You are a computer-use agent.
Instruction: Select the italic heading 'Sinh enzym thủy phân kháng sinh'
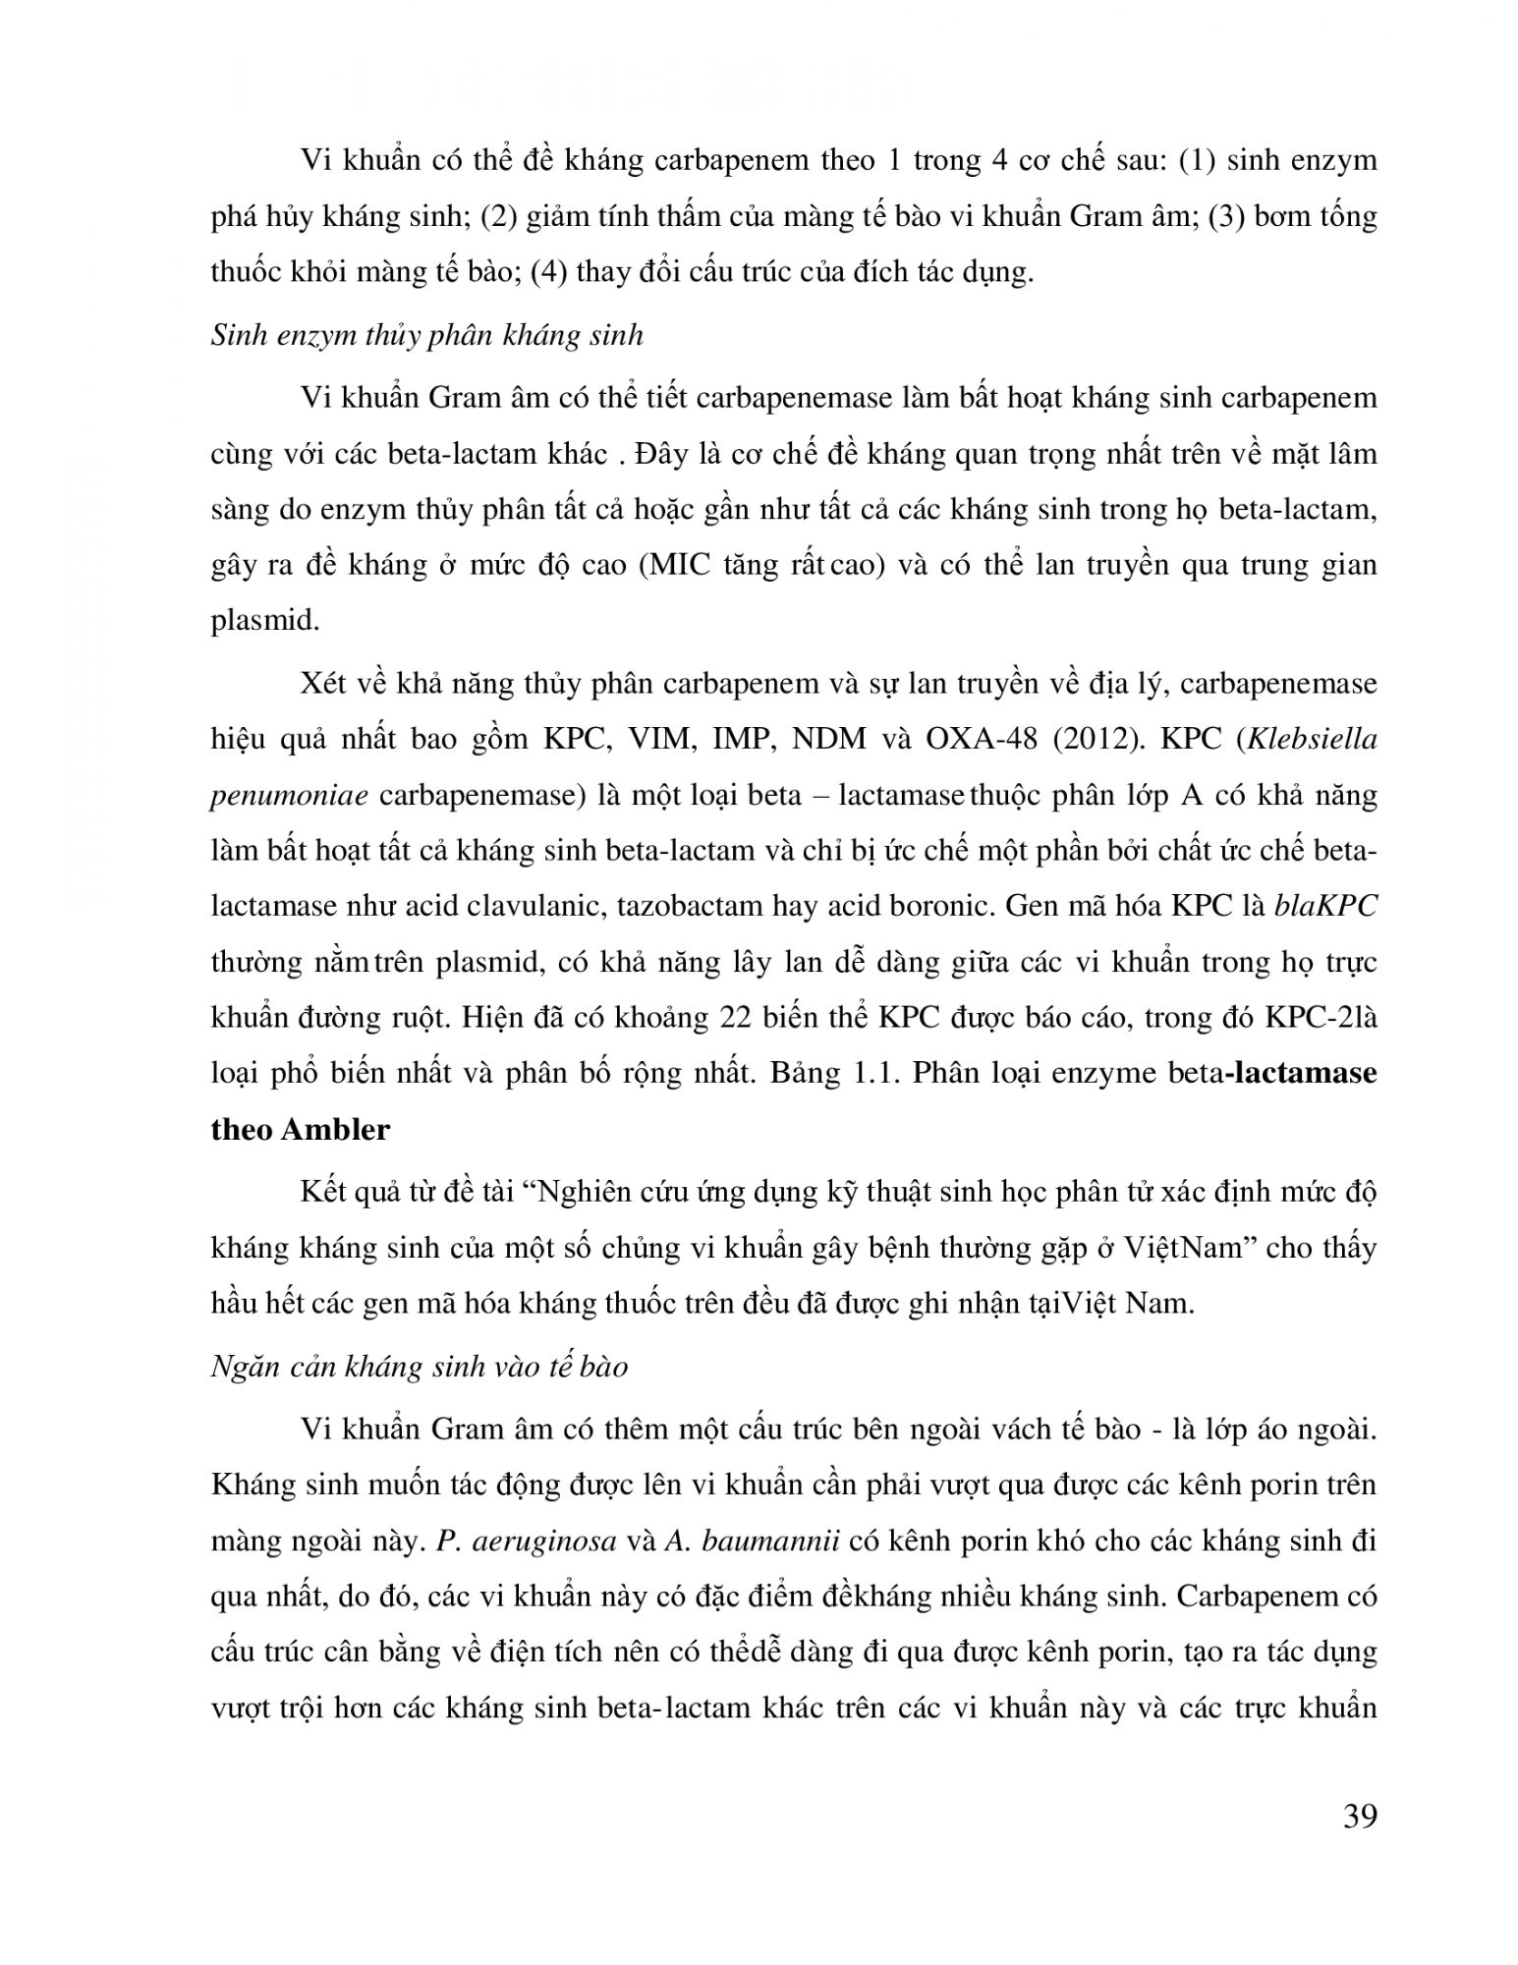(427, 336)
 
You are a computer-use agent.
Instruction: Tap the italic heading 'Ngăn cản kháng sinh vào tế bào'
(420, 1367)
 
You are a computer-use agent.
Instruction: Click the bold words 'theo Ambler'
(301, 1129)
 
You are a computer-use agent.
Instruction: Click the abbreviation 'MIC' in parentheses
(674, 567)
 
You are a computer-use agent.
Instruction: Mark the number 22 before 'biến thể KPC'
(736, 1017)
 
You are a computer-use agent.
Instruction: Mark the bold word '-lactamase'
(1299, 1073)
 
